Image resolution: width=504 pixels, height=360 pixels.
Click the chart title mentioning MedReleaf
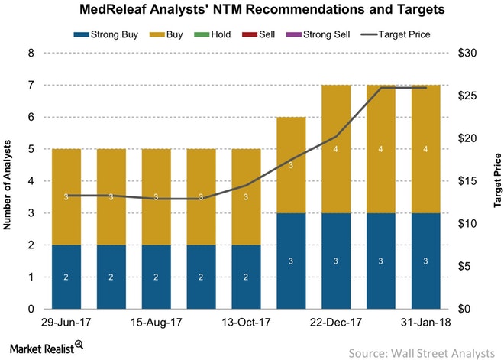(252, 10)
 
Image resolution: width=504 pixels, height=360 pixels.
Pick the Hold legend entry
(237, 35)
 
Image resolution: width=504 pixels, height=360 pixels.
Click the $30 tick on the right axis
(471, 54)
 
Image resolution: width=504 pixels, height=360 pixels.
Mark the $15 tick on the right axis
(471, 181)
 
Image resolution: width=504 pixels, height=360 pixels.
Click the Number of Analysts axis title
(8, 181)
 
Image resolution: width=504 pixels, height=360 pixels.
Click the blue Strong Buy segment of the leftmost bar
(66, 277)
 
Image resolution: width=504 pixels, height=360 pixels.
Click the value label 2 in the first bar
(66, 277)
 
